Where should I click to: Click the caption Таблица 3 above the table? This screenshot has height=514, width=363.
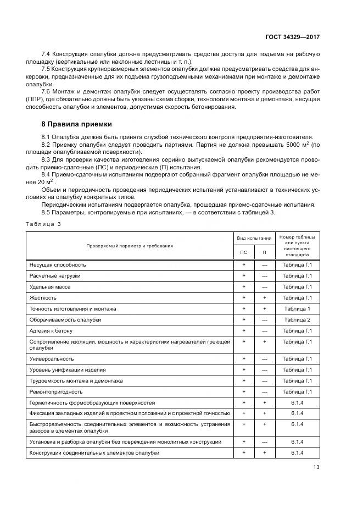[x=45, y=224]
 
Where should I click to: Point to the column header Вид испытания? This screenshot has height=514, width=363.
[x=254, y=238]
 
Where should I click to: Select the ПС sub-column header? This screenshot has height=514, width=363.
[x=243, y=252]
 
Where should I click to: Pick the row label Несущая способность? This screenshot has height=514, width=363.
[x=58, y=265]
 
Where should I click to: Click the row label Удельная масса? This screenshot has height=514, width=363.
[x=50, y=286]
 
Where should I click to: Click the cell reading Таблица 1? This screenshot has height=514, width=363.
[x=297, y=308]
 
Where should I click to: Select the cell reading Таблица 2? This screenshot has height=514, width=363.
[x=297, y=319]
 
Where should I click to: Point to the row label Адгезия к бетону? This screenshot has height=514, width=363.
[x=51, y=331]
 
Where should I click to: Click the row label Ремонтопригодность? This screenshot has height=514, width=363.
[x=56, y=391]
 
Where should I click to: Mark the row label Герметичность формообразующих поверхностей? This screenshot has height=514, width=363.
[x=92, y=402]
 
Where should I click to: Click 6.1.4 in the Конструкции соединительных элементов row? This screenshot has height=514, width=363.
[x=297, y=452]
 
